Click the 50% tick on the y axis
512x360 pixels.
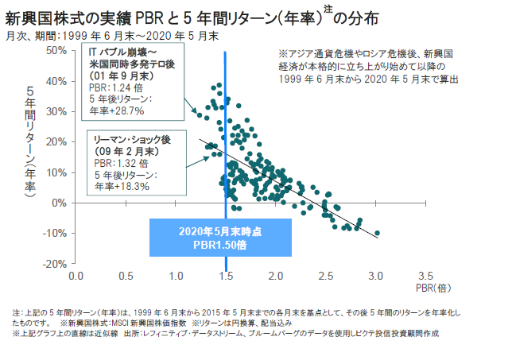pos(56,50)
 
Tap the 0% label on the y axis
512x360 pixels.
pos(59,203)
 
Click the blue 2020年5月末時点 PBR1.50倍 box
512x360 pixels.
pos(221,237)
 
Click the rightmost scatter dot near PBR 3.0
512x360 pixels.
pos(377,233)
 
